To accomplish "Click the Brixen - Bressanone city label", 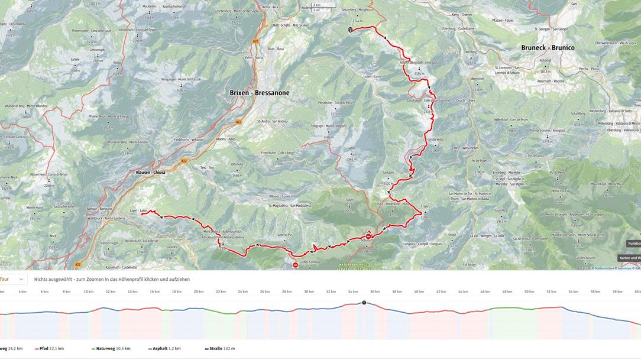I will point(260,93).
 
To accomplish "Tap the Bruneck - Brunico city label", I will point(548,47).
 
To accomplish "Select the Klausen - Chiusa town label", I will point(151,172).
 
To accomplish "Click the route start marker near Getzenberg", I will point(350,30).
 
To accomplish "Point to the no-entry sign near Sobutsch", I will point(368,236).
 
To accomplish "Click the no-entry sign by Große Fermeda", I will point(295,265).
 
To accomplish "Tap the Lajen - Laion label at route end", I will point(138,211).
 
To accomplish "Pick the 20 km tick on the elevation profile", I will point(199,291).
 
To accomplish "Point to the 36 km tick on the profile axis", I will point(375,291).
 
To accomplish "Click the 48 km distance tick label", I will point(507,291).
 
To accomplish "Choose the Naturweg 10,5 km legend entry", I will point(111,349).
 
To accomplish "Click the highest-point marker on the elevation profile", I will point(364,303).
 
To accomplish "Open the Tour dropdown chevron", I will point(21,279).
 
